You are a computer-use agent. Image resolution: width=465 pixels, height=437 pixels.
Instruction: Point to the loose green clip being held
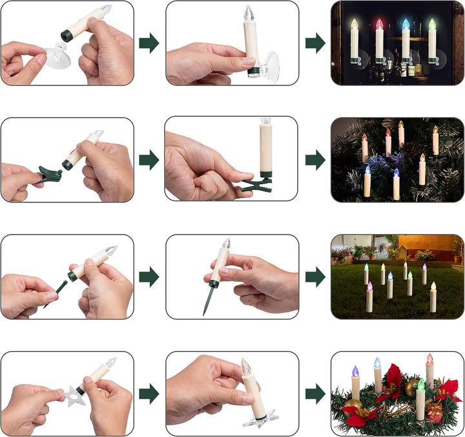51,174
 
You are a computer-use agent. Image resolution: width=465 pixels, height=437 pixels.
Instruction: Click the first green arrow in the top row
149,43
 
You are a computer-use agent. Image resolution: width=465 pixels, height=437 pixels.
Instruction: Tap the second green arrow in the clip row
315,159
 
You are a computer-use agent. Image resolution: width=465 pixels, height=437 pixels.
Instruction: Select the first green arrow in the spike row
149,277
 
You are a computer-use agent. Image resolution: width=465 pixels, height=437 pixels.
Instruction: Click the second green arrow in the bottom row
315,393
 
